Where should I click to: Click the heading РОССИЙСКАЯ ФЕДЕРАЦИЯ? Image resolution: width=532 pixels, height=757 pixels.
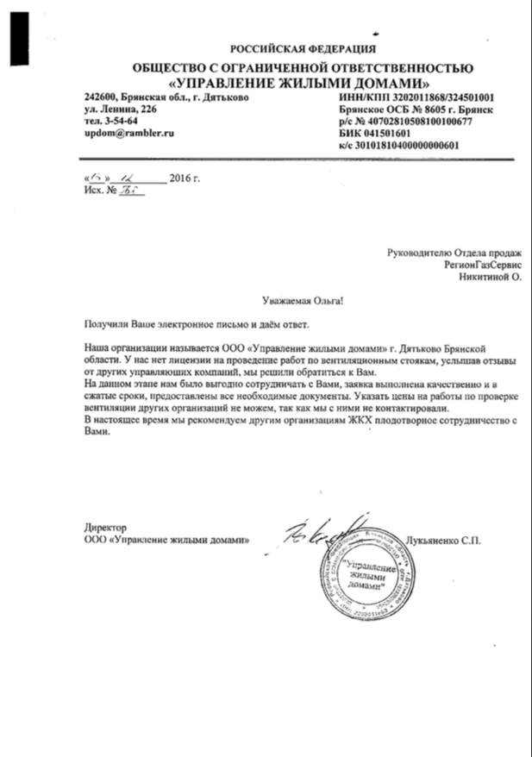coord(303,48)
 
